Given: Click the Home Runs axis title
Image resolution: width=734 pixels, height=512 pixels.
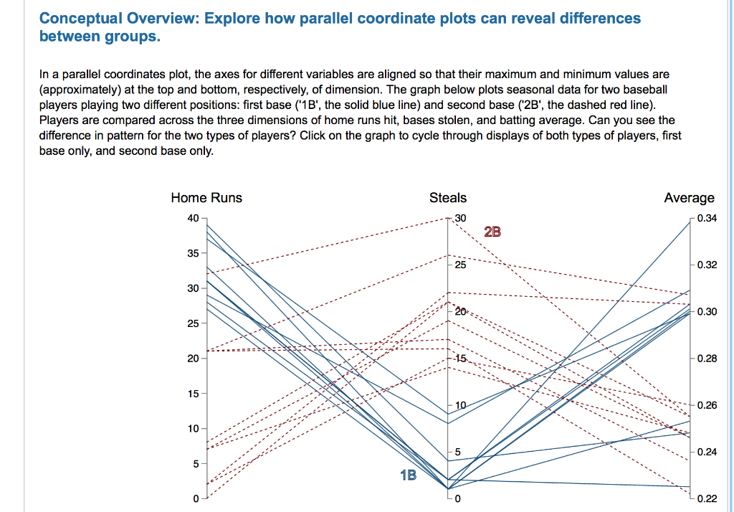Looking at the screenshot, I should point(206,198).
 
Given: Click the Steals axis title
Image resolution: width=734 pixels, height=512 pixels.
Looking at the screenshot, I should point(447,198).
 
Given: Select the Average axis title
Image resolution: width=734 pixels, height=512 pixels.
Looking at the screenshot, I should point(689,198).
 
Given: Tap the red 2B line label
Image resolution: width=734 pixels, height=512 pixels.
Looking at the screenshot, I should point(492,232).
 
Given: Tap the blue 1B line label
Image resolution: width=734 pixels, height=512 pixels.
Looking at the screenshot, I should point(408,475).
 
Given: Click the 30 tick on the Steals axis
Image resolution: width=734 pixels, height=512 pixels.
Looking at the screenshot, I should point(459,218).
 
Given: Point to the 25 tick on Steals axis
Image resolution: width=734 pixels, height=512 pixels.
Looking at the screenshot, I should point(459,265).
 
